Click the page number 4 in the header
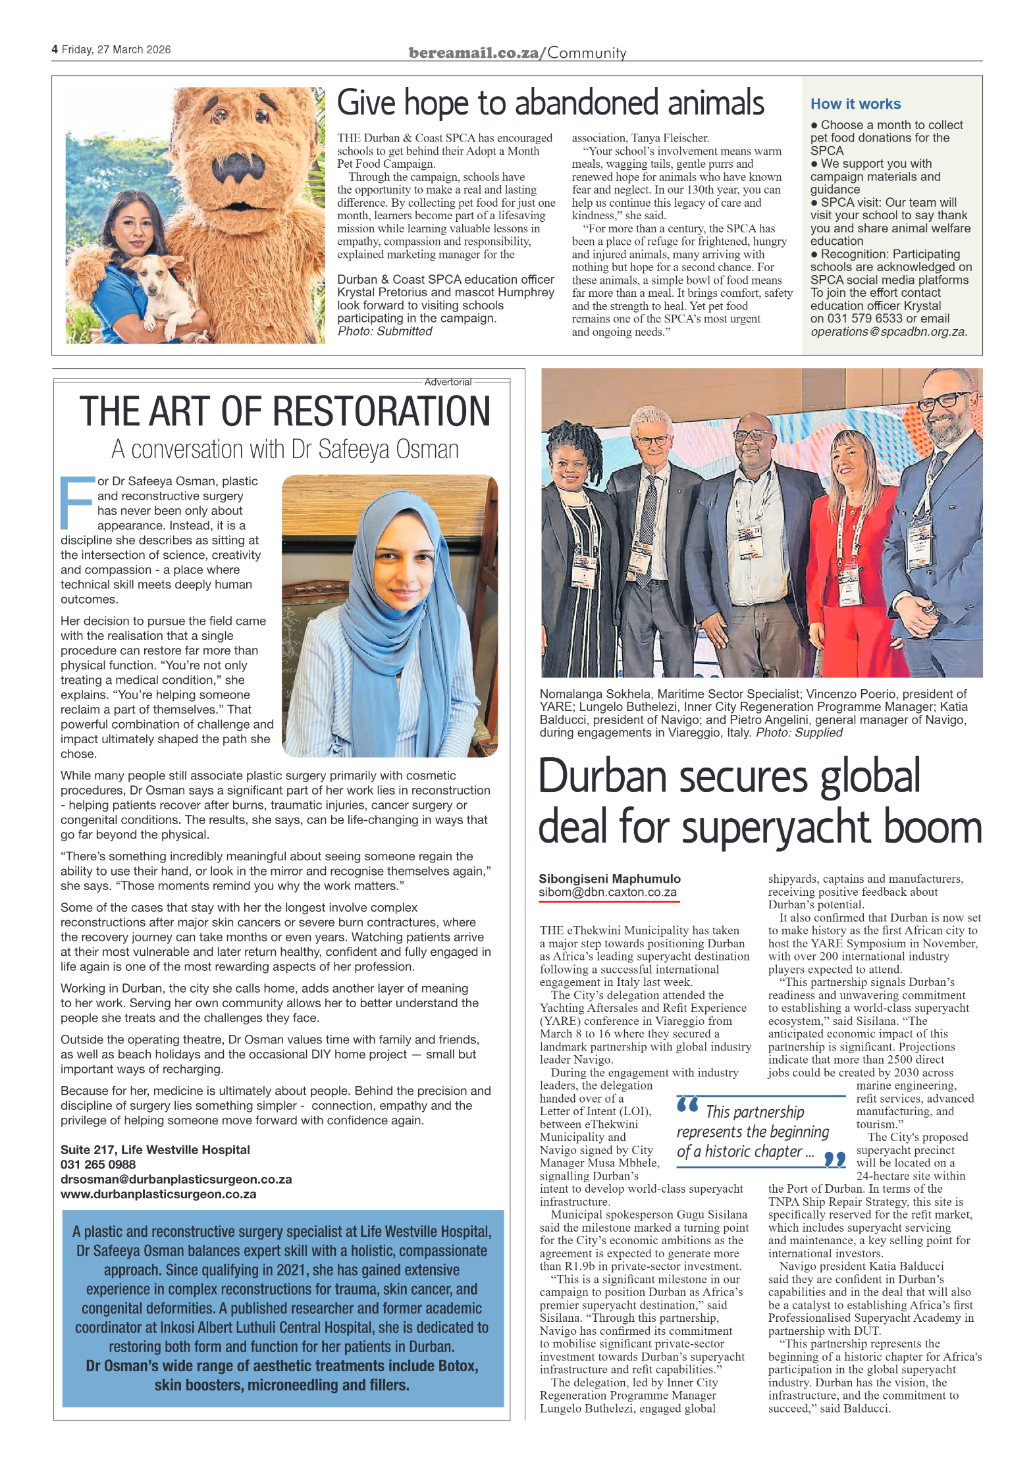point(55,49)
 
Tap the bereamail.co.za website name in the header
point(473,53)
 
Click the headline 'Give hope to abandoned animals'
point(550,103)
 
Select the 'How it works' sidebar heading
point(855,104)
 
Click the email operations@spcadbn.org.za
point(888,332)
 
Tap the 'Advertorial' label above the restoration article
point(448,382)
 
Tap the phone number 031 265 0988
point(98,1164)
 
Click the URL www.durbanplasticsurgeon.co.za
point(158,1194)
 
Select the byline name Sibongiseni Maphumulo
point(609,879)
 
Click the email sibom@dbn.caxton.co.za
point(607,893)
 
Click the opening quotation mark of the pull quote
point(687,1104)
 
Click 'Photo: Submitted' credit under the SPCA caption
point(385,331)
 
